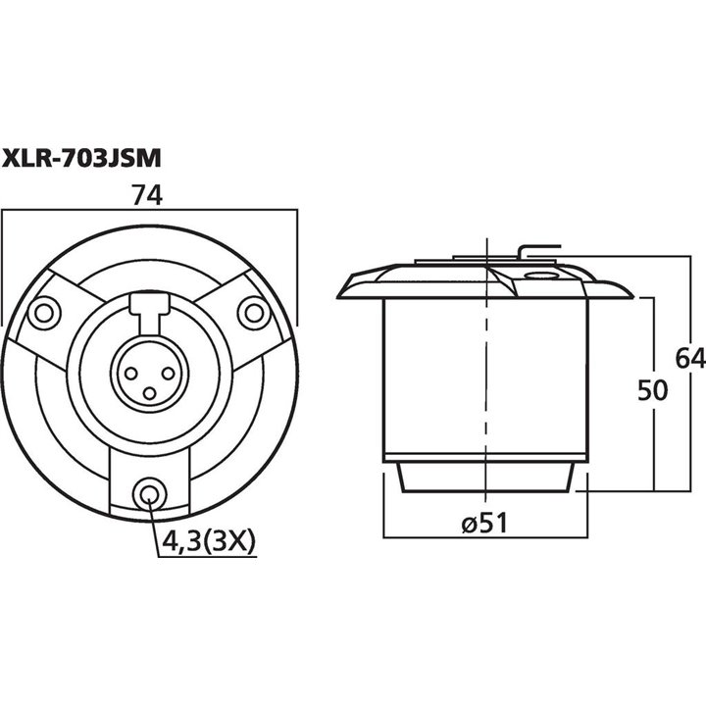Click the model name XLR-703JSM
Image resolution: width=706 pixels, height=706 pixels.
point(81,156)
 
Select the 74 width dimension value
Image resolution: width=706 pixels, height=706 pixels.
point(147,195)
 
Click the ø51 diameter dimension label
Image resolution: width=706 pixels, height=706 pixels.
point(481,525)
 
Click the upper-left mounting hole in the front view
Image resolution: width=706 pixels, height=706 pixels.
point(42,314)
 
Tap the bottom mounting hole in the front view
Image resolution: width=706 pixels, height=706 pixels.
point(149,493)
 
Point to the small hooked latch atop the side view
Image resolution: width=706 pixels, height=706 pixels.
point(536,249)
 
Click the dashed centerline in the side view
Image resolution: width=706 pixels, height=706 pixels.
point(485,392)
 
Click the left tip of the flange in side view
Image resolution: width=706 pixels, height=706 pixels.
point(340,292)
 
